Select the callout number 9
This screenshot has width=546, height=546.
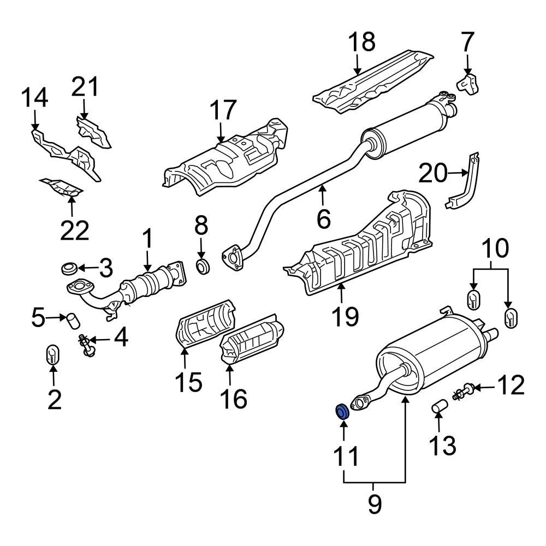(x=374, y=505)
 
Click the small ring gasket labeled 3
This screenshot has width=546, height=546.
(x=69, y=269)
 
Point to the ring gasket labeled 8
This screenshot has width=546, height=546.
(x=203, y=267)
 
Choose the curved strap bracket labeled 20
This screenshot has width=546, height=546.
(x=464, y=183)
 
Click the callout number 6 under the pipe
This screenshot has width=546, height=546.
(x=323, y=219)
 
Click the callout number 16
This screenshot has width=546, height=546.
(x=233, y=399)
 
